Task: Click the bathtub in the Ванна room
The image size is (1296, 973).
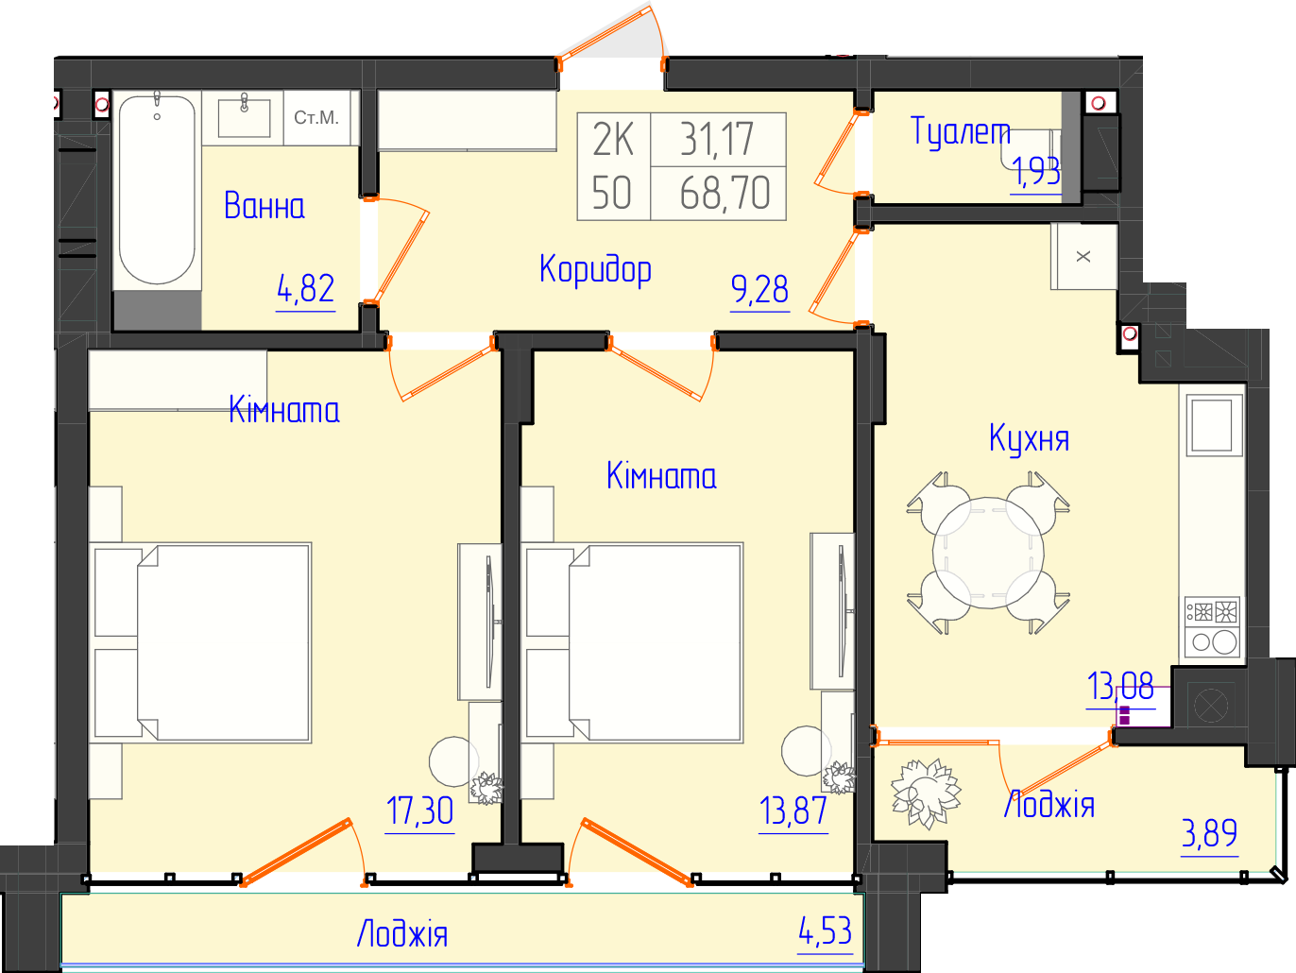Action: (157, 189)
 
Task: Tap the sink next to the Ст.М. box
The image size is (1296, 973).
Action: (244, 118)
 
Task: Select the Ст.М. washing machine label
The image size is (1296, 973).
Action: (316, 117)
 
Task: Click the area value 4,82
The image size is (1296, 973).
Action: (306, 289)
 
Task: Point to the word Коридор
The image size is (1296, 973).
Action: (595, 270)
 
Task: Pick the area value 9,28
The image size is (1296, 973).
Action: (759, 289)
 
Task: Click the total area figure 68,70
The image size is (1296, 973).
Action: (725, 193)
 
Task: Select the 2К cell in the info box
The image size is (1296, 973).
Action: (613, 140)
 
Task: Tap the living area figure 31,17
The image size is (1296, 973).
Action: (717, 140)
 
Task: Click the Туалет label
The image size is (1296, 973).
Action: (960, 130)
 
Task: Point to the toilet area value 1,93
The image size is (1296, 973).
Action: (1035, 171)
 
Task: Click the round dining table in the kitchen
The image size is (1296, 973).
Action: (988, 553)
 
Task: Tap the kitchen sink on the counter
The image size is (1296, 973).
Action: (1212, 425)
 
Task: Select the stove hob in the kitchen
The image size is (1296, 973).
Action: (1212, 627)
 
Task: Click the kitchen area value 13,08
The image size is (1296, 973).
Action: (1120, 686)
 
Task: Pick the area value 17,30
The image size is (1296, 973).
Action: (419, 811)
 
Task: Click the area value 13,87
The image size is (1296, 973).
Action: (793, 811)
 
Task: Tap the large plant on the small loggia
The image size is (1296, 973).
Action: (925, 793)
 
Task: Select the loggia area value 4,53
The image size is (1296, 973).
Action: (826, 931)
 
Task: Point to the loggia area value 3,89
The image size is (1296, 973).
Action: (1209, 833)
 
